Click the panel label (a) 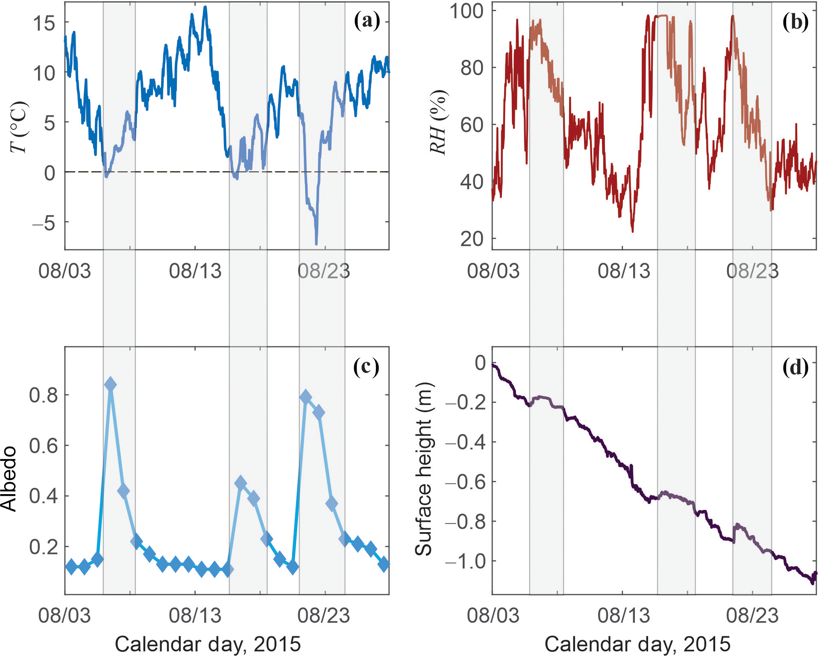click(367, 21)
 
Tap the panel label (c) click(366, 366)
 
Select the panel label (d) click(795, 367)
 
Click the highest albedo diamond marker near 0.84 click(110, 384)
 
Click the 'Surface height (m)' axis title click(424, 469)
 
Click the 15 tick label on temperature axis click(44, 23)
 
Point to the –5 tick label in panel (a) click(44, 223)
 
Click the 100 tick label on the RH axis click(466, 11)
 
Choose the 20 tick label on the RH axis click(472, 239)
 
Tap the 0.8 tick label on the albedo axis click(43, 395)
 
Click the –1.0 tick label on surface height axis click(465, 561)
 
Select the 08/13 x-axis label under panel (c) click(195, 615)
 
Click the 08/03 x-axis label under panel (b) click(493, 271)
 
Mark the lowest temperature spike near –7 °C click(316, 243)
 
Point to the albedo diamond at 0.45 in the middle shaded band click(241, 483)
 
